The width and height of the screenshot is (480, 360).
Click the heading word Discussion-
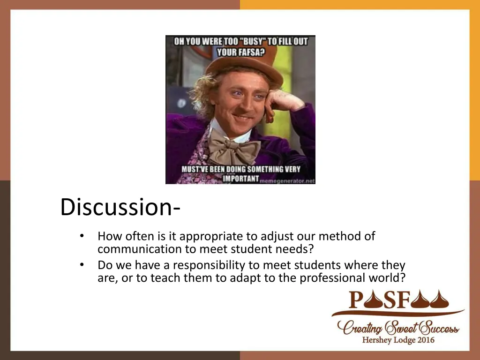coord(119,207)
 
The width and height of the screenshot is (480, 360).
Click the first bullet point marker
coord(82,236)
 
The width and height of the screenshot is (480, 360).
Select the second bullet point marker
coord(82,265)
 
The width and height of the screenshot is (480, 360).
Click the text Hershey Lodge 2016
coord(398,340)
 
